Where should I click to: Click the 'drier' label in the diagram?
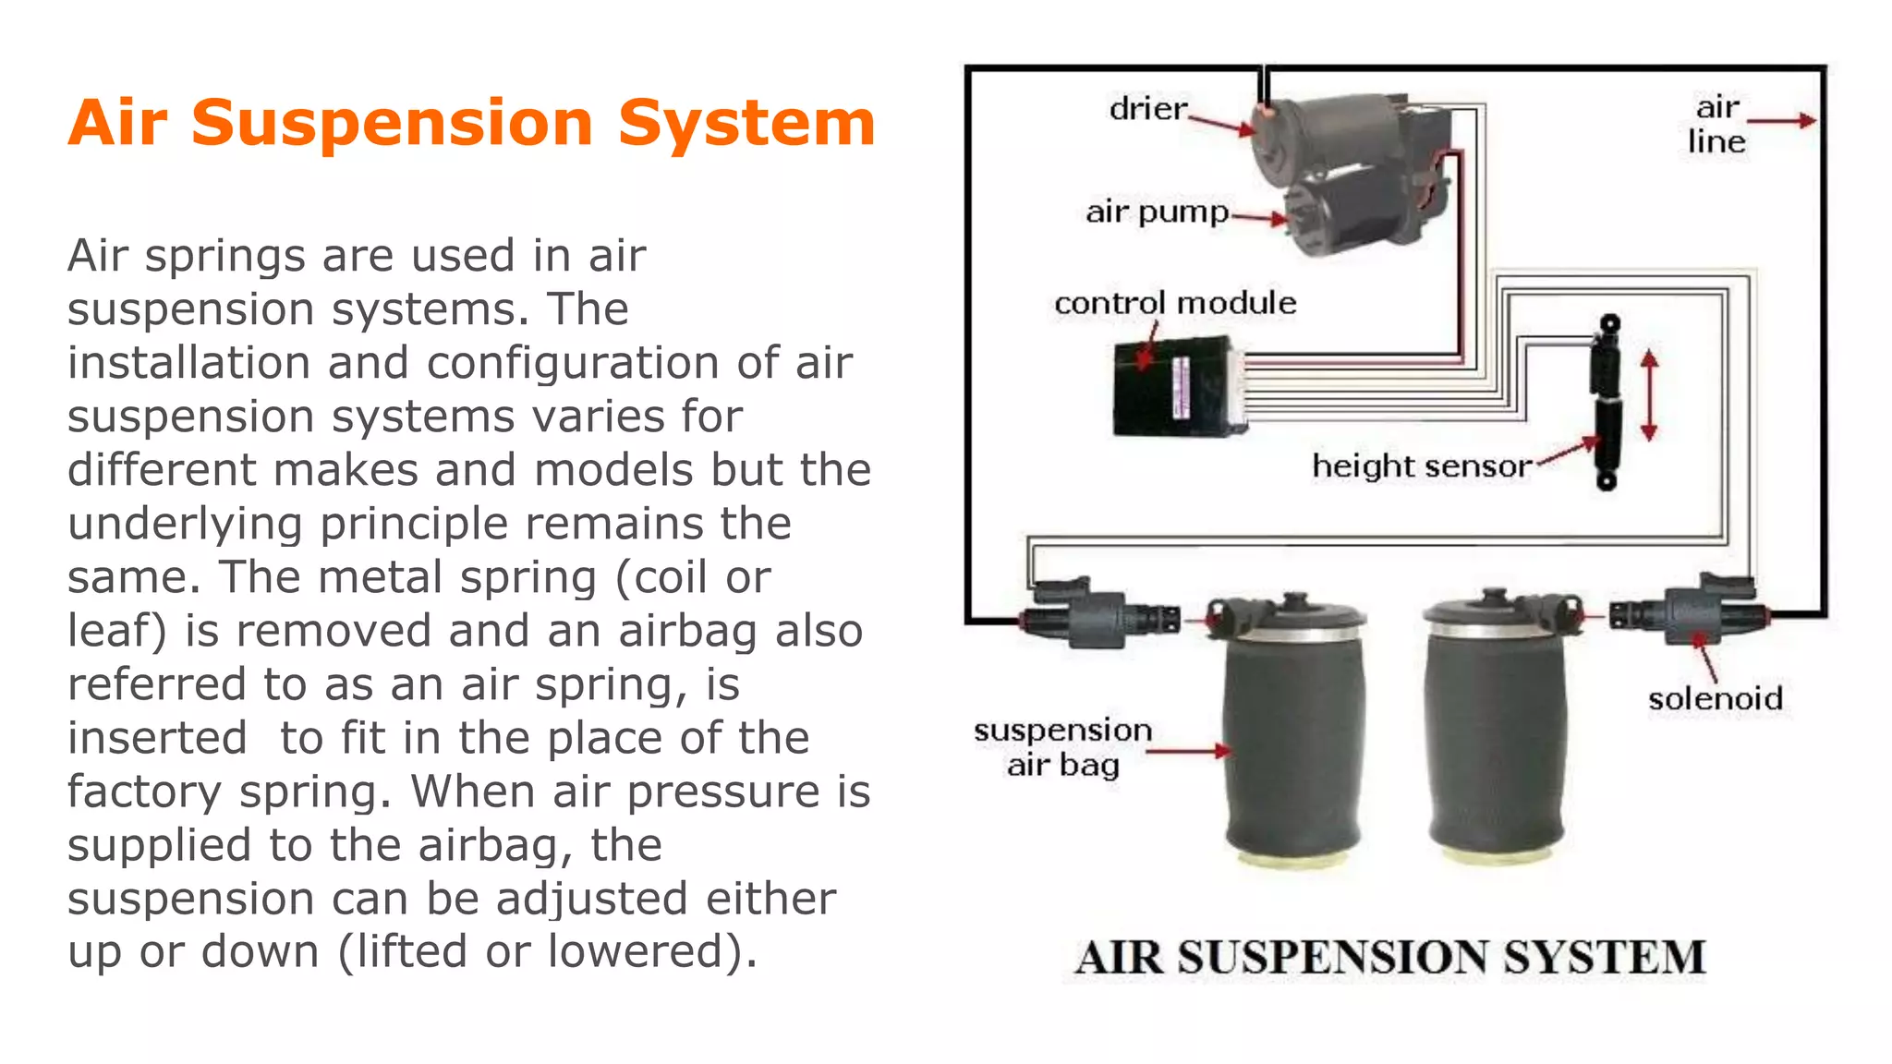pyautogui.click(x=1148, y=109)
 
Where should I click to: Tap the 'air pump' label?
pyautogui.click(x=1157, y=212)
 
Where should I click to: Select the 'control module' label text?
pyautogui.click(x=1175, y=303)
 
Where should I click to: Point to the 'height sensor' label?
pyautogui.click(x=1422, y=466)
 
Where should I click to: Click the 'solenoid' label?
pyautogui.click(x=1716, y=698)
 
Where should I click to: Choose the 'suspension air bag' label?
pyautogui.click(x=1062, y=747)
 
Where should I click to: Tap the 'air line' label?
pyautogui.click(x=1716, y=124)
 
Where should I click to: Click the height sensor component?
pyautogui.click(x=1607, y=402)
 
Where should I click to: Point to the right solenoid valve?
pyautogui.click(x=1690, y=611)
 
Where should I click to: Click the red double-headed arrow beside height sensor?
pyautogui.click(x=1650, y=395)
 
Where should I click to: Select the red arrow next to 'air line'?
pyautogui.click(x=1781, y=120)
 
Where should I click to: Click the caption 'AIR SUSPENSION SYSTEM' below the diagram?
pyautogui.click(x=1390, y=957)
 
